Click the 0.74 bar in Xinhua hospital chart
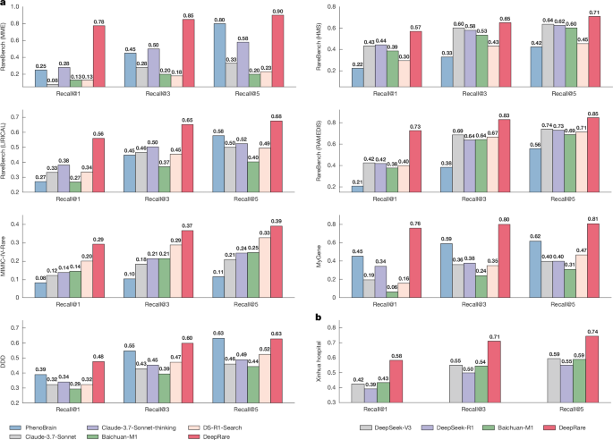point(568,372)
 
